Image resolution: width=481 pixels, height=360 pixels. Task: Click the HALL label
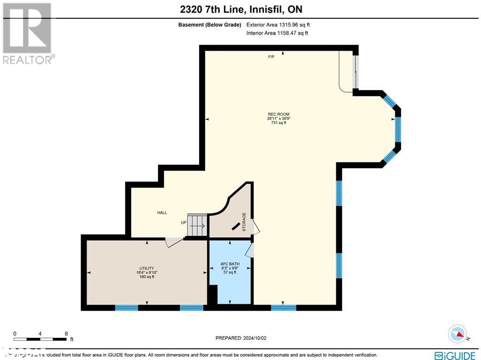pos(162,213)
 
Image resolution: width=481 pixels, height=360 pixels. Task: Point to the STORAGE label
pos(244,222)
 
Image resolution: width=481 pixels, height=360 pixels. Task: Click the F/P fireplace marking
pos(271,57)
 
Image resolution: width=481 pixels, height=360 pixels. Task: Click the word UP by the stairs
pos(183,223)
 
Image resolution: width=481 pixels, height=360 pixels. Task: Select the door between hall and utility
pos(174,241)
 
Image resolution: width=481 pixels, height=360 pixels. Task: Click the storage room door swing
pos(256,227)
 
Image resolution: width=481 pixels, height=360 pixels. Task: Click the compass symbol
pos(458,334)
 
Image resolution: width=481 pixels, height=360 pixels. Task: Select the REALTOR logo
pos(27,33)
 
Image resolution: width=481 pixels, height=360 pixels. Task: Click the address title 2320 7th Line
pos(240,9)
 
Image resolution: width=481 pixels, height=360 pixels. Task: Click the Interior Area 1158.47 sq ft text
pos(277,33)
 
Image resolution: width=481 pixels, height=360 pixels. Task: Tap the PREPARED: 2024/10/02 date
pos(240,338)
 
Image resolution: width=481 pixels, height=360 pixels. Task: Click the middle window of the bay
pos(398,129)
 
